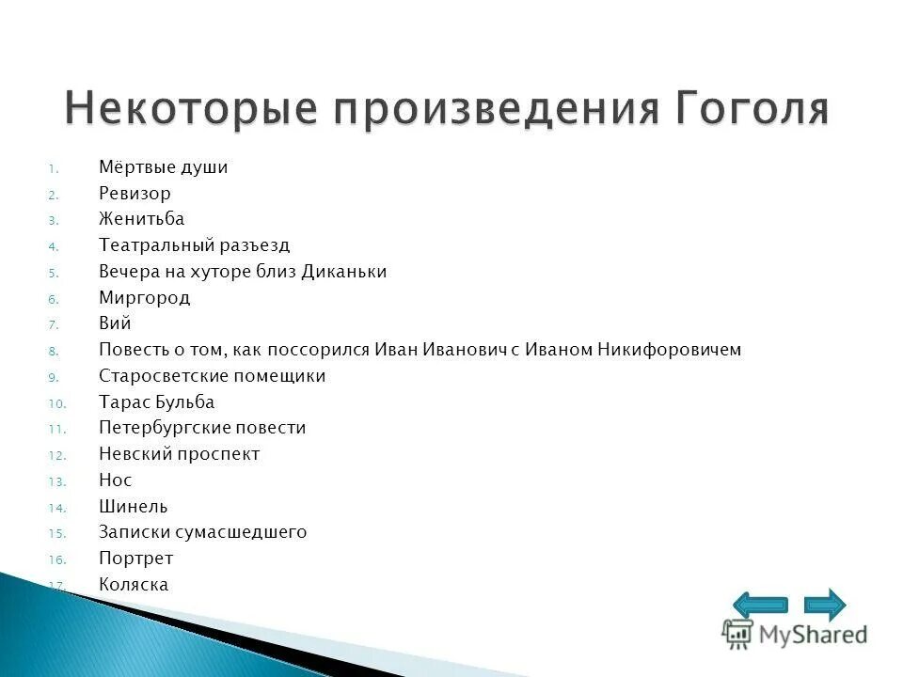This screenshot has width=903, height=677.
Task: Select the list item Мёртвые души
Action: point(164,167)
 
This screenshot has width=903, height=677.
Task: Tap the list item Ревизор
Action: point(135,194)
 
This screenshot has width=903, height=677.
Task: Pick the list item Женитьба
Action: point(142,219)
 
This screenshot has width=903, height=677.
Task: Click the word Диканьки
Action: point(344,272)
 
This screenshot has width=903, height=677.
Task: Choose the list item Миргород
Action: point(145,298)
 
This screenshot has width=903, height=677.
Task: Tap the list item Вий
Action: point(115,323)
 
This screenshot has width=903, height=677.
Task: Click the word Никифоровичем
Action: point(670,350)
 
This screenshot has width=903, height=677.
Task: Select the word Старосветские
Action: point(160,376)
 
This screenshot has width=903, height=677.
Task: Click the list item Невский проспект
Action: point(179,454)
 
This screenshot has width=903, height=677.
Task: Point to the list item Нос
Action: point(115,480)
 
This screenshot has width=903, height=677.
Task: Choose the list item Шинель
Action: point(134,507)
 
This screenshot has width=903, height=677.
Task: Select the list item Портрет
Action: point(136,559)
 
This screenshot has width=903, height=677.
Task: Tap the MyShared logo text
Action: point(814,635)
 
